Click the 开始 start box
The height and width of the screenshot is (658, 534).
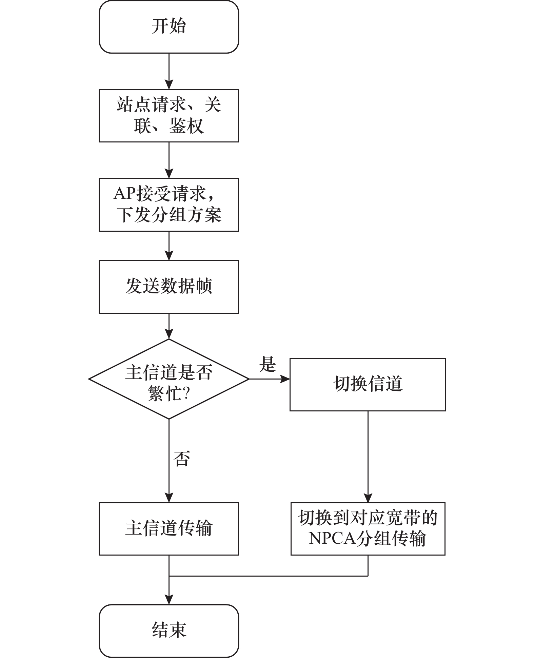(x=169, y=27)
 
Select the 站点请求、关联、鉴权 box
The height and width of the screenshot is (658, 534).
(x=169, y=116)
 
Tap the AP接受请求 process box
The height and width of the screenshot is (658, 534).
(x=169, y=205)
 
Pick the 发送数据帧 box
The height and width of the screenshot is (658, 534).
(x=169, y=287)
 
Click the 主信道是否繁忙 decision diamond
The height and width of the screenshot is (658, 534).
(x=169, y=379)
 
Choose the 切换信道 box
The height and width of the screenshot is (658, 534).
(x=368, y=385)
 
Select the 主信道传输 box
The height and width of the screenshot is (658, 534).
(x=169, y=529)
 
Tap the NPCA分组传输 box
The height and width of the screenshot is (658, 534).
(x=368, y=529)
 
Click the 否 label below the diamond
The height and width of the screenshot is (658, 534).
(x=182, y=459)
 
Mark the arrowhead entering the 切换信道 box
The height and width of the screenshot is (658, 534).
(x=285, y=379)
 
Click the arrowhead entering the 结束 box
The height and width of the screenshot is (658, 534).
(x=169, y=600)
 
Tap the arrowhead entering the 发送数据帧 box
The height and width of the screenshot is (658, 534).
(x=169, y=256)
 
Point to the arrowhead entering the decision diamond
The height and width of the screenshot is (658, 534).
(x=169, y=334)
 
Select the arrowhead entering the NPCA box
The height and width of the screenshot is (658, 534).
(x=368, y=498)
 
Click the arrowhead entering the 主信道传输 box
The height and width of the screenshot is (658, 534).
(x=169, y=498)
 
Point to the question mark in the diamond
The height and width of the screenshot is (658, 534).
(x=186, y=394)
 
